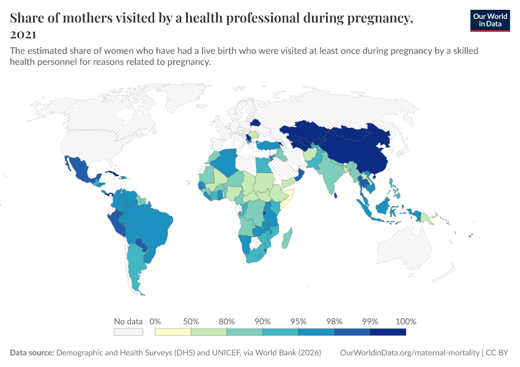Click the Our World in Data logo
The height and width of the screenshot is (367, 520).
click(489, 20)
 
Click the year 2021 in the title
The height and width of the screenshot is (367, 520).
click(23, 34)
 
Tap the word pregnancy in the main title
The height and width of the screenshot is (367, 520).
click(377, 18)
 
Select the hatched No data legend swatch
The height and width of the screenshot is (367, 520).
click(128, 332)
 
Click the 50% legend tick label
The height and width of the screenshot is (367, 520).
click(191, 321)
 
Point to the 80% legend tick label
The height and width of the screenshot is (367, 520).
click(227, 321)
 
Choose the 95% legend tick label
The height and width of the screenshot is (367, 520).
click(299, 321)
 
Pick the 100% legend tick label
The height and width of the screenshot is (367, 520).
click(406, 321)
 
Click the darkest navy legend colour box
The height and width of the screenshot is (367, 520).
click(388, 332)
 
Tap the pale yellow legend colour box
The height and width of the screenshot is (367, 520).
click(173, 332)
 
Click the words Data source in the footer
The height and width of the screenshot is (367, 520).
click(31, 353)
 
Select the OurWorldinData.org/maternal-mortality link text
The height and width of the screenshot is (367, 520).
click(409, 353)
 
